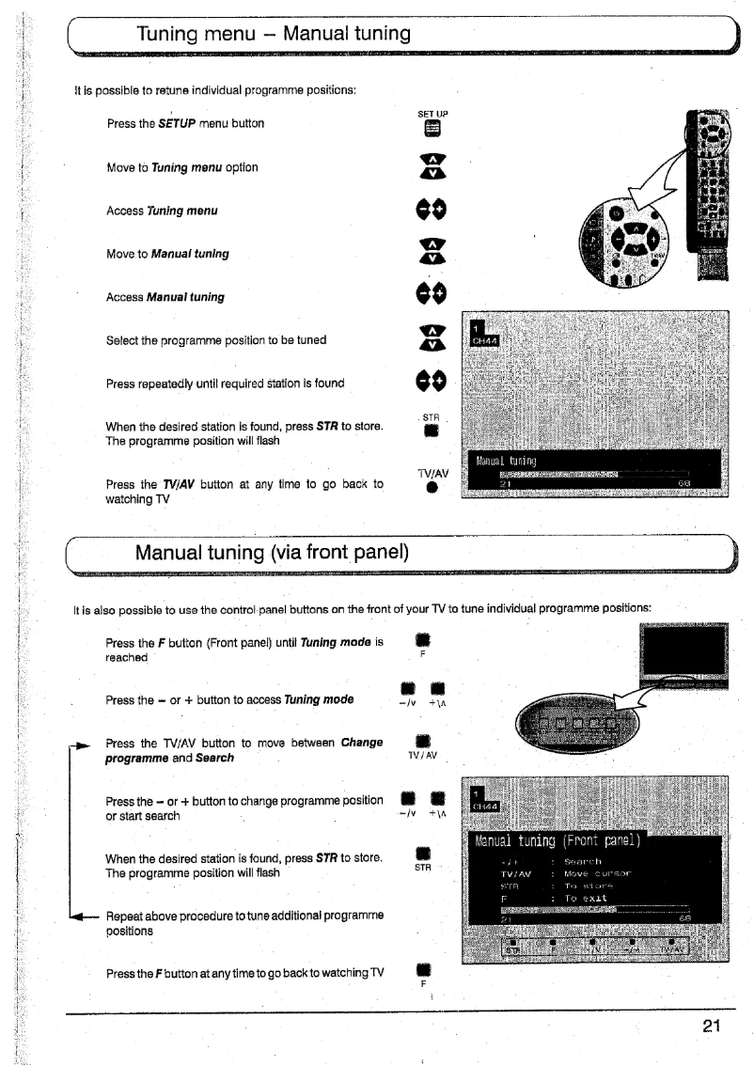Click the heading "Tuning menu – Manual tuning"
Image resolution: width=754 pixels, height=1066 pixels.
(x=274, y=35)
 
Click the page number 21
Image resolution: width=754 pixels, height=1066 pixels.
(x=712, y=1025)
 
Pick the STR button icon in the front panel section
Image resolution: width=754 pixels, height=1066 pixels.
(x=423, y=854)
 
